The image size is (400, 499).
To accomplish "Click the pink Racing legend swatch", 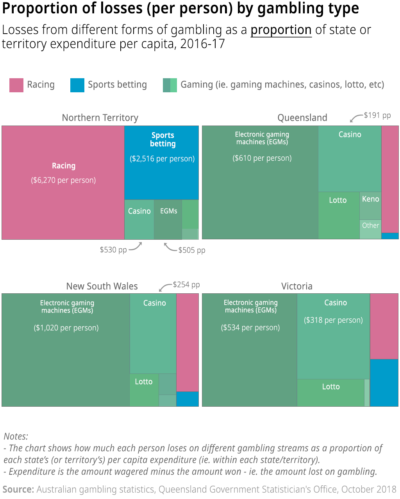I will click(x=16, y=85).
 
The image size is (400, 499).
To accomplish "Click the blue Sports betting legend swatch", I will click(x=77, y=85).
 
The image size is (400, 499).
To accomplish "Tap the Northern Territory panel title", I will click(x=100, y=118).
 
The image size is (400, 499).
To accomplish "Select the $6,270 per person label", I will click(x=63, y=180).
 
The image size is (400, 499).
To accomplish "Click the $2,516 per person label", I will click(x=162, y=159).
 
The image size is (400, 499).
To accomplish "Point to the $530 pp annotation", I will click(x=113, y=249).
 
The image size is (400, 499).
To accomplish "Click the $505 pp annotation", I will click(x=191, y=250).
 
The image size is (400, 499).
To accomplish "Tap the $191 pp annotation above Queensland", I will click(x=377, y=115).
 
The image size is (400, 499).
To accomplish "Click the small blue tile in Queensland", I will click(x=390, y=236).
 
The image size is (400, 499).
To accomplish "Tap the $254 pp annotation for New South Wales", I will click(x=186, y=285).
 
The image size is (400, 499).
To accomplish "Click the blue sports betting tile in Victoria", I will click(x=384, y=383).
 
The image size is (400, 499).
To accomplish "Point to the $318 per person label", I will click(x=333, y=320).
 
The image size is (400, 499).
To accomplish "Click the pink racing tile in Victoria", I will click(x=384, y=326).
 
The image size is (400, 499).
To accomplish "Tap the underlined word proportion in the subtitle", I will click(x=281, y=30).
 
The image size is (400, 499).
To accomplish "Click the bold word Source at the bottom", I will click(x=18, y=489).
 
